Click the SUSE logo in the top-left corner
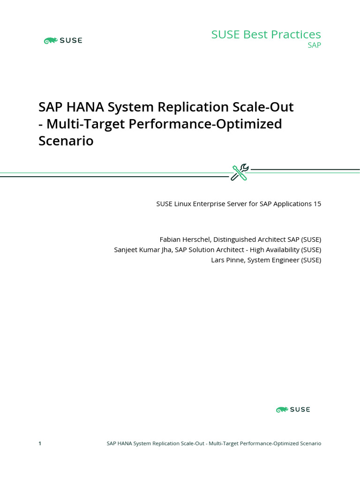[x=63, y=41]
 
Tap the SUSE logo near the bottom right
[x=293, y=410]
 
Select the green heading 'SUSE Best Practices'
[x=266, y=34]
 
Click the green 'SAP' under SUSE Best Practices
[x=314, y=45]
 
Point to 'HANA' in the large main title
[x=86, y=107]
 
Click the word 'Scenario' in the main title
[x=66, y=141]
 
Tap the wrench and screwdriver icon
[x=240, y=172]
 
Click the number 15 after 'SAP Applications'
[x=317, y=204]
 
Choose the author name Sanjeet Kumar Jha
[x=143, y=250]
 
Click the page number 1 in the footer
[x=40, y=443]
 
